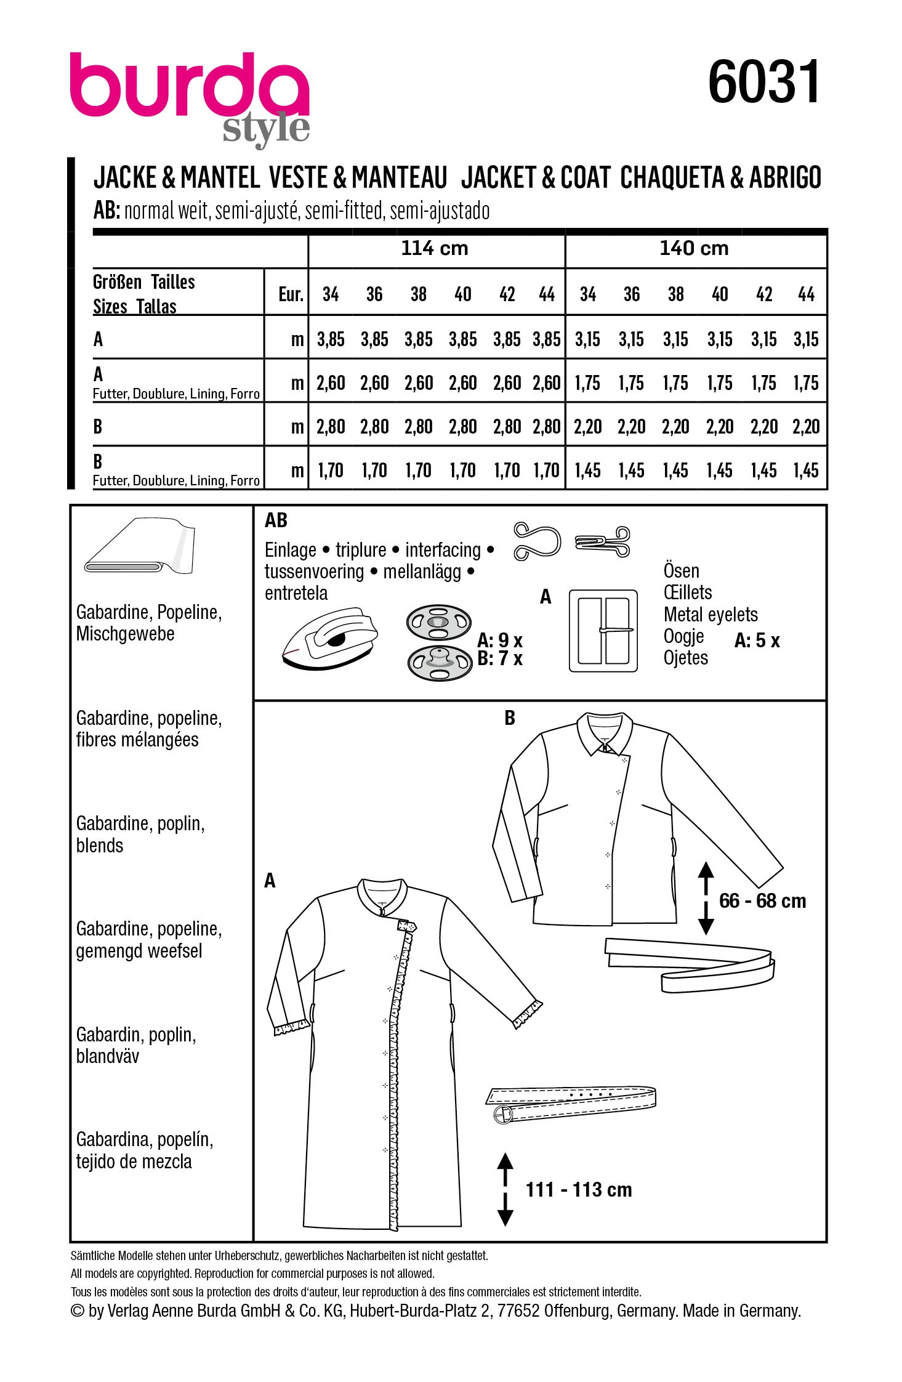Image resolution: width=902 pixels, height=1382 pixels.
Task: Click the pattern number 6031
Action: pos(763,83)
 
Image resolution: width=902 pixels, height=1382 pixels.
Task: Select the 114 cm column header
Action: pos(435,248)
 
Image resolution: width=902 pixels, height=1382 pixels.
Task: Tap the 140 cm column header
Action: pos(694,248)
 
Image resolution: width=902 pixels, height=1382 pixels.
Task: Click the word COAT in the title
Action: pos(585,179)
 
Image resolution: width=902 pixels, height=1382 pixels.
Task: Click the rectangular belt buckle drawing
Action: pos(603,631)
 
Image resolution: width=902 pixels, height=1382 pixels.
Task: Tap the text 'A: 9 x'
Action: pos(499,640)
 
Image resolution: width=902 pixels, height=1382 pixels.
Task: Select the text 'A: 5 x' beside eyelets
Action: pos(757,640)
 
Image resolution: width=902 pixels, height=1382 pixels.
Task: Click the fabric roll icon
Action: pos(140,546)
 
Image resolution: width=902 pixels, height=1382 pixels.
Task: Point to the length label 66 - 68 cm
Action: pos(762,901)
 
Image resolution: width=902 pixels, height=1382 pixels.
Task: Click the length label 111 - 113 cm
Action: pos(579,1190)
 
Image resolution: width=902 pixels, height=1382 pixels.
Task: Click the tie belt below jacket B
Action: pos(690,963)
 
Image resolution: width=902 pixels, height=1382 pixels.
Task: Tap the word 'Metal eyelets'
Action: pos(711,615)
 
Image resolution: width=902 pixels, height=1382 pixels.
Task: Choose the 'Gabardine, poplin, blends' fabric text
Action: pos(140,834)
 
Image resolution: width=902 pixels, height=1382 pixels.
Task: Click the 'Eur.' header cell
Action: pos(291,294)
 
